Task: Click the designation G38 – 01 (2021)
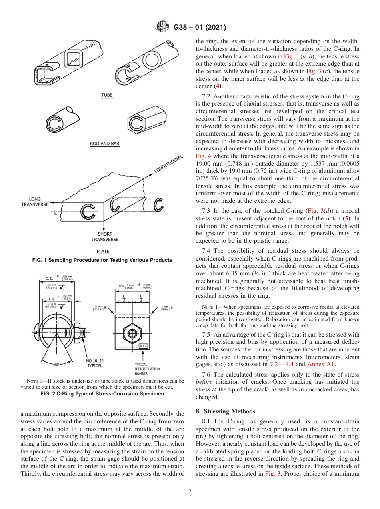[200, 28]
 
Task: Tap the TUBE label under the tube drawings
[107, 95]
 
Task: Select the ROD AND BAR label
[105, 144]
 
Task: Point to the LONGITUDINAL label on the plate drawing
[169, 164]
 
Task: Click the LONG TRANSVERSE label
[35, 202]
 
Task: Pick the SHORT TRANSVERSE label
[105, 237]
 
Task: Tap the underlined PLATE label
[103, 252]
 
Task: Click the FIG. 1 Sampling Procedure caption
[102, 260]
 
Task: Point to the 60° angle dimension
[57, 365]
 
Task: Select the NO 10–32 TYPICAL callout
[95, 363]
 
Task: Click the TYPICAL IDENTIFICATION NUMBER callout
[147, 369]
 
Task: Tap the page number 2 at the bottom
[190, 492]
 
